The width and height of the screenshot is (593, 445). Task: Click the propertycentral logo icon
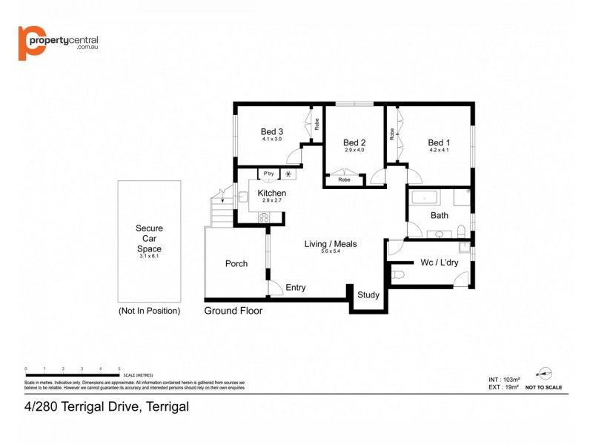pos(30,44)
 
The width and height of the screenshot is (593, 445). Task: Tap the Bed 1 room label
pos(439,142)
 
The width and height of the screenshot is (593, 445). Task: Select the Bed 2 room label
pos(354,142)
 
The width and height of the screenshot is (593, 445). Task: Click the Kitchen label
pos(271,194)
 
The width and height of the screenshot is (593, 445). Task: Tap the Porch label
pos(236,263)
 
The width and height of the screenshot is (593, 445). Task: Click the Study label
pos(368,294)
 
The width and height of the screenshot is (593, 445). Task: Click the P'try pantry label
pos(267,174)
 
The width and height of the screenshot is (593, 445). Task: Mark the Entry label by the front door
pos(295,288)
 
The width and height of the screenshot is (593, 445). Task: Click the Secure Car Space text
pos(149,239)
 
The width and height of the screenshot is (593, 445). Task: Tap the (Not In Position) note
pos(149,311)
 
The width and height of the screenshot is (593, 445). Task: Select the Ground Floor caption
pos(233,311)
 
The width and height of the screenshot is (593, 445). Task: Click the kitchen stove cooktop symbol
pos(263,218)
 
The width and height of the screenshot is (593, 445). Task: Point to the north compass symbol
pos(546,373)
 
